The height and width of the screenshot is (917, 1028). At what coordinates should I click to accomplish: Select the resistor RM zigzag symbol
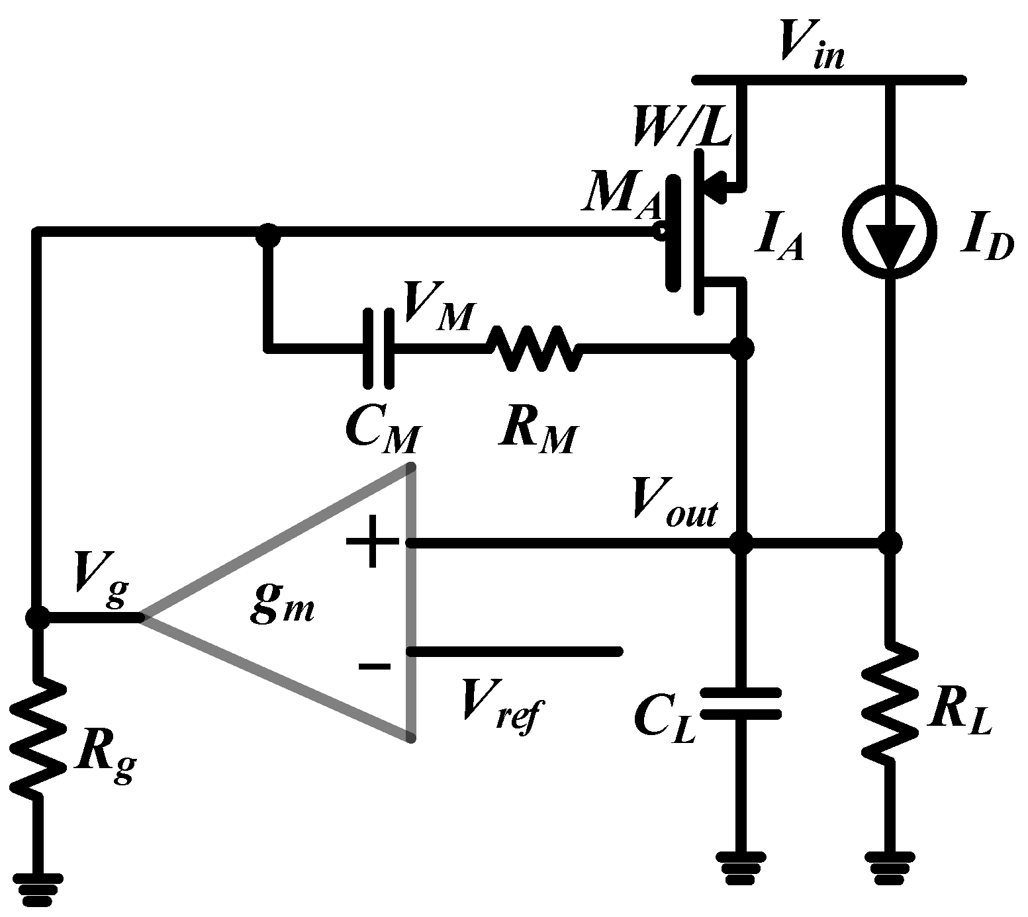pyautogui.click(x=534, y=347)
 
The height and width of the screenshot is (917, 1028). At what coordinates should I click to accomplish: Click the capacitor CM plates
pyautogui.click(x=379, y=347)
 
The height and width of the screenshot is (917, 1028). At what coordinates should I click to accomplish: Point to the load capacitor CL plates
pyautogui.click(x=741, y=703)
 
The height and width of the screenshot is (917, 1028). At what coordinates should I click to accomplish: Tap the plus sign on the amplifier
pyautogui.click(x=373, y=543)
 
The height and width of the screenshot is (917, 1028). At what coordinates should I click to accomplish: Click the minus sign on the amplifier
pyautogui.click(x=375, y=665)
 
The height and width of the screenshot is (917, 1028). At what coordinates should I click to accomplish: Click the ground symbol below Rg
pyautogui.click(x=37, y=889)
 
